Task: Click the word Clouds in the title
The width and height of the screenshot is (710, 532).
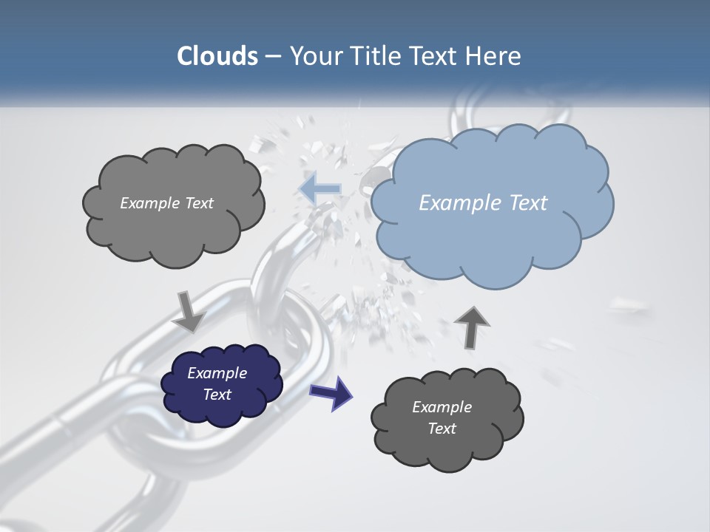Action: (x=217, y=56)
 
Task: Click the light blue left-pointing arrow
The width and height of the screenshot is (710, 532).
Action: (x=320, y=189)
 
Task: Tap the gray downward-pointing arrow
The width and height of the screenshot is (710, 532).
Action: (x=189, y=311)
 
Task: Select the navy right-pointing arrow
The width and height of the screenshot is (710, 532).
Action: (x=331, y=392)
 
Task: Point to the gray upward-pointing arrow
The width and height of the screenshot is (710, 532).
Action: (x=471, y=326)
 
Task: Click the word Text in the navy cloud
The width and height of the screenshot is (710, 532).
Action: (x=217, y=395)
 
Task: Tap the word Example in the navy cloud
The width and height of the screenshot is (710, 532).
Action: (x=217, y=373)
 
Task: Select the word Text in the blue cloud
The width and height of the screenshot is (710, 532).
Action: (x=528, y=203)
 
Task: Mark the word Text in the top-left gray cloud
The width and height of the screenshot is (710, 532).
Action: (x=198, y=203)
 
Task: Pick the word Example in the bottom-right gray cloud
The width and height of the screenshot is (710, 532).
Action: (x=442, y=407)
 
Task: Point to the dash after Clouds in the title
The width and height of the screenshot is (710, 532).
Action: (x=273, y=57)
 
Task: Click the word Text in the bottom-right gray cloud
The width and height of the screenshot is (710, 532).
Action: (x=442, y=429)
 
